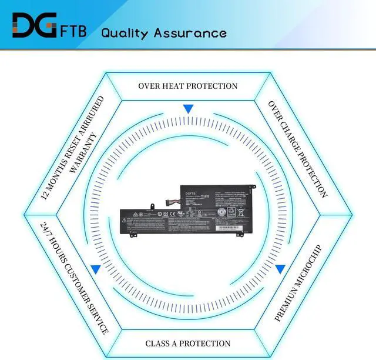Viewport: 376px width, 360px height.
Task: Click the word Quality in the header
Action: (x=125, y=32)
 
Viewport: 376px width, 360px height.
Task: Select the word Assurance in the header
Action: (x=190, y=32)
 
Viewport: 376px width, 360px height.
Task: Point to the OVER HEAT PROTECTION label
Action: (x=188, y=86)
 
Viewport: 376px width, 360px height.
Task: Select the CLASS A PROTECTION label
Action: (x=188, y=344)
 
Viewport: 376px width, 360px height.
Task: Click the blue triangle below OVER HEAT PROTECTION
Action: (x=188, y=109)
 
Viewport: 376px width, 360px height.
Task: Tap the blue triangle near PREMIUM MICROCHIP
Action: (x=280, y=269)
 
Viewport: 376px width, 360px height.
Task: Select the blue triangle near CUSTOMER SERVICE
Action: (x=95, y=269)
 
